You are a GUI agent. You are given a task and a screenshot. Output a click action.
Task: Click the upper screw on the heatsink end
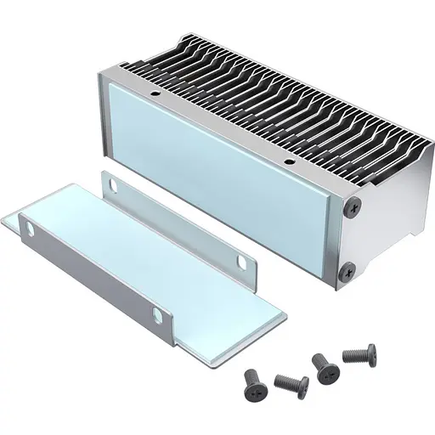pos(352,205)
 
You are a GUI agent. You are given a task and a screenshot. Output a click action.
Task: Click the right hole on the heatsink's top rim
pos(289,161)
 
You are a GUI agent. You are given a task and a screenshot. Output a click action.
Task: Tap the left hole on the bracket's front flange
pos(30,229)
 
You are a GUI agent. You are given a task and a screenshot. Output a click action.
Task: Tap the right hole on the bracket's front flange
pos(157,315)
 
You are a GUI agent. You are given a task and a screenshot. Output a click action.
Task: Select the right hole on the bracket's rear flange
pos(241,263)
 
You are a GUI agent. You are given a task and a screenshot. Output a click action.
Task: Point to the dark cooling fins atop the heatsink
pos(280,93)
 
